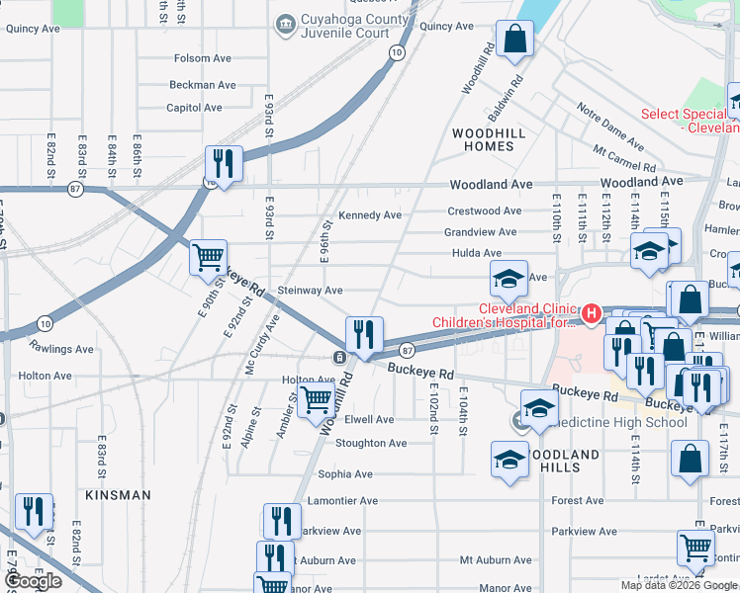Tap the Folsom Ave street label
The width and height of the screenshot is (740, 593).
(x=204, y=58)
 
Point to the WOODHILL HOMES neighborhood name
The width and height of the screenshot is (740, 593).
(x=483, y=138)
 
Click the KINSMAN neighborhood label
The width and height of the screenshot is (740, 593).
(x=118, y=494)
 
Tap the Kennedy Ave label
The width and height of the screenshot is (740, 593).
(x=370, y=214)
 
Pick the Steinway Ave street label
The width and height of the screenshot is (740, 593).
(x=310, y=291)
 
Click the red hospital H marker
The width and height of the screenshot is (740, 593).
(x=592, y=313)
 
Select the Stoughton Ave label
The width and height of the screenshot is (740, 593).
(x=371, y=443)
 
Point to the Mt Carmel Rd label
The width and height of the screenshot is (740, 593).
(x=625, y=158)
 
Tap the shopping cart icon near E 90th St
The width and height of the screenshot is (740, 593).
(x=209, y=259)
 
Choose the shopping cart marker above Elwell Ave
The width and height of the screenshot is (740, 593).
(x=316, y=399)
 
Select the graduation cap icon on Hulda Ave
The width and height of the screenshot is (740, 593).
(x=509, y=279)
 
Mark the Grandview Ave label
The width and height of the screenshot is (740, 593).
(x=480, y=232)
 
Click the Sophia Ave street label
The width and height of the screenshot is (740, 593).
(x=345, y=474)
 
